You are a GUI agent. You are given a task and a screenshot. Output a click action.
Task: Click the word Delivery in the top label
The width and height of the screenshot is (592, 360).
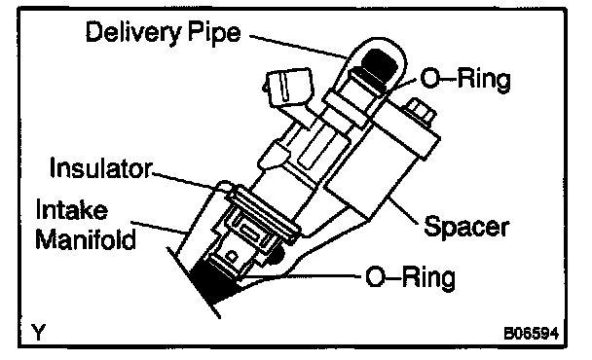133,32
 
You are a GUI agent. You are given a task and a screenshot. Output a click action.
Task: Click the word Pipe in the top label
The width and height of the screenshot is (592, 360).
214,32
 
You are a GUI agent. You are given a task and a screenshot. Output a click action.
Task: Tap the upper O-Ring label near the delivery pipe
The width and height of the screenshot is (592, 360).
465,80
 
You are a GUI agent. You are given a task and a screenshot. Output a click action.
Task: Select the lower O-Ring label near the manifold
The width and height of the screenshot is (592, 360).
410,277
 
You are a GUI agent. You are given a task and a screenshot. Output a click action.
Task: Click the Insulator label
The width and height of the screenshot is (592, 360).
101,167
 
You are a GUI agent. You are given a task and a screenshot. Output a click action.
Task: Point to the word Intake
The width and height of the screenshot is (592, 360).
72,209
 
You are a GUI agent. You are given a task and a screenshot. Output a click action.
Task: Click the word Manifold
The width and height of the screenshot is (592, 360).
86,238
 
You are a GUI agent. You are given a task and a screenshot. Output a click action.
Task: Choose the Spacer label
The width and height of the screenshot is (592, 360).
466,227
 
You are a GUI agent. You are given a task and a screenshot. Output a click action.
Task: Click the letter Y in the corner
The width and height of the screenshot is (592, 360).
39,332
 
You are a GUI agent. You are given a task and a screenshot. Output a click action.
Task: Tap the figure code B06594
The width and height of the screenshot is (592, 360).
532,334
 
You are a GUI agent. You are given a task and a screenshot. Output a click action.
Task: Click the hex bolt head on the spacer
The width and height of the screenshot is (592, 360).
421,111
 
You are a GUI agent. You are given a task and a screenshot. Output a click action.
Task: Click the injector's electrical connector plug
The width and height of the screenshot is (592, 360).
290,89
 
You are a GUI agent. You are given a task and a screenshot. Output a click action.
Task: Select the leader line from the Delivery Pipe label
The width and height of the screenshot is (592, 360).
298,47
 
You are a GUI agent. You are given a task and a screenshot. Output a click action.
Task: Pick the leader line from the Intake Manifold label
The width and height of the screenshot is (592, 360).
160,227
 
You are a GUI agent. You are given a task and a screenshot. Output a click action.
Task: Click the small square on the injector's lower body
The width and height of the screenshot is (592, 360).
232,256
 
